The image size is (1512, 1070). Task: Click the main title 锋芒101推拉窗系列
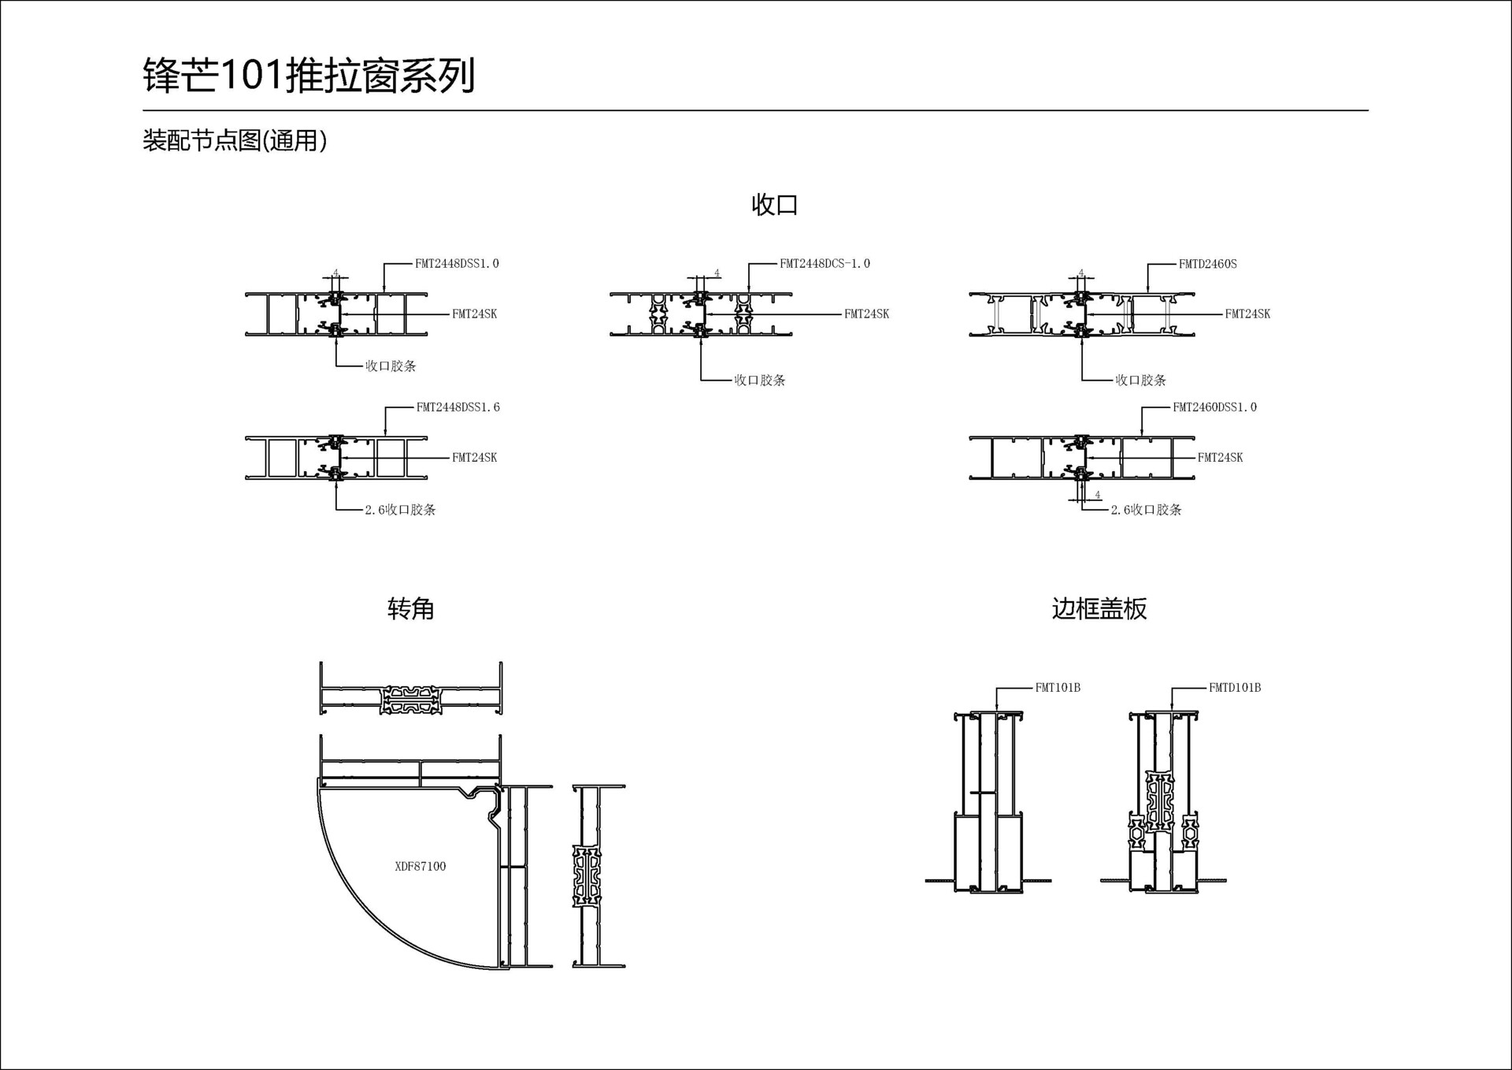[309, 76]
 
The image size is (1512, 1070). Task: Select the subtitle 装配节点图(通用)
[234, 140]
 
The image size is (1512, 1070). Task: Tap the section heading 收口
[774, 205]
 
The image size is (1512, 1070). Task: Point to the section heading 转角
[410, 608]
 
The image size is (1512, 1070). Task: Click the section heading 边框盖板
[1099, 608]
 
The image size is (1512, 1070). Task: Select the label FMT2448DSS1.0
[457, 264]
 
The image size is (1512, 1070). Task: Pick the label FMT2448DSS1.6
[458, 407]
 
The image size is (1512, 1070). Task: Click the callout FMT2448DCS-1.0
[825, 264]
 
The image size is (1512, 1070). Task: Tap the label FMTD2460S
[1207, 264]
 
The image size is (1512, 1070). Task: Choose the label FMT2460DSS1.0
[1214, 407]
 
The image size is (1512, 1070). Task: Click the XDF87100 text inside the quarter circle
[420, 866]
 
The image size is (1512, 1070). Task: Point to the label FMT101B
[1057, 688]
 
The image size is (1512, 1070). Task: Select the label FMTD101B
[1234, 688]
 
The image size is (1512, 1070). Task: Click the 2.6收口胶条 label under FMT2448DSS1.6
[400, 510]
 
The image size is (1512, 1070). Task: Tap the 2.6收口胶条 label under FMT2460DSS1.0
[1146, 510]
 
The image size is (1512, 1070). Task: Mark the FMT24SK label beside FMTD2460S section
[1247, 314]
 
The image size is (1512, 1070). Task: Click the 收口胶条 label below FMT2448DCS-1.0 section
[759, 380]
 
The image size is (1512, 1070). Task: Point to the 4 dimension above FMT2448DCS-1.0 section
[717, 273]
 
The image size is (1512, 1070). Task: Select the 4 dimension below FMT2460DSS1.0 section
[1098, 495]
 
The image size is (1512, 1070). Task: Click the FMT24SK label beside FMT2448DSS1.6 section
[474, 457]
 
